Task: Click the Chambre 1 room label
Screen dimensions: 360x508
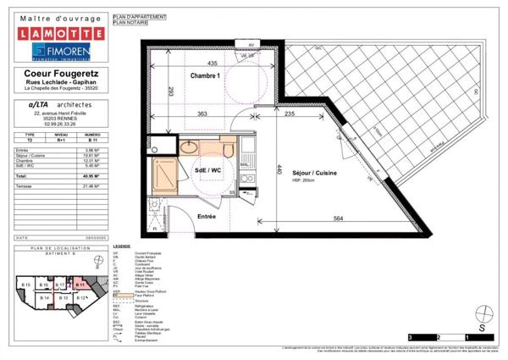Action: coord(206,76)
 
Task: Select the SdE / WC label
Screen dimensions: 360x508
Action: coord(208,170)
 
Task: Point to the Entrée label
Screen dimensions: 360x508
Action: coord(206,217)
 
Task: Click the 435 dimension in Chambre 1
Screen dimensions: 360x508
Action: coord(212,64)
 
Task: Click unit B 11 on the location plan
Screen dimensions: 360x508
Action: coord(80,285)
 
